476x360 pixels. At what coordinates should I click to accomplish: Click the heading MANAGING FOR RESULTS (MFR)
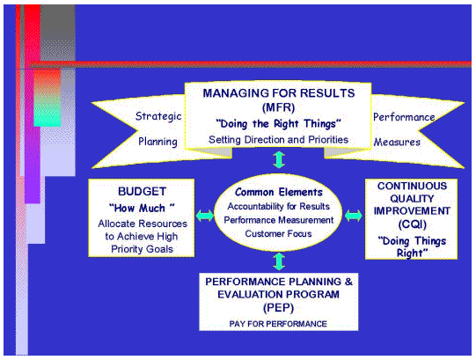(279, 92)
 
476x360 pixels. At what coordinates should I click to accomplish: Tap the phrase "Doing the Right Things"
(279, 122)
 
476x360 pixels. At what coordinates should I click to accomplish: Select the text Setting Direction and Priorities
(279, 138)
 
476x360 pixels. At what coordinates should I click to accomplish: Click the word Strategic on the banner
(157, 115)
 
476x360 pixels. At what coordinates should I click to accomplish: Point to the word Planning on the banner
(158, 141)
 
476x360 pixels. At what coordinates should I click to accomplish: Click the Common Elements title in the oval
(279, 191)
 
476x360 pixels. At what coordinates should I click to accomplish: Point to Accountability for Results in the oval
(279, 206)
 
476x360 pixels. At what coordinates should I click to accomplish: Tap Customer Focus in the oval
(279, 233)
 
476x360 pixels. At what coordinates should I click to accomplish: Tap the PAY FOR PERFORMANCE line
(279, 325)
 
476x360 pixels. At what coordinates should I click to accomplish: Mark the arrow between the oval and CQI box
(354, 214)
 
